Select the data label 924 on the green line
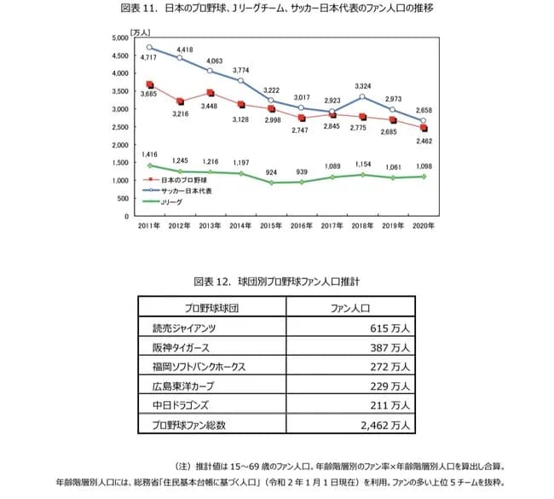point(271,172)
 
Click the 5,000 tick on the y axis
point(120,38)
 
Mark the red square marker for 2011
point(149,85)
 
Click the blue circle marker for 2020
point(424,121)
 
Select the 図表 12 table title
point(276,281)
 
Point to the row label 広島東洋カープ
point(183,386)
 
